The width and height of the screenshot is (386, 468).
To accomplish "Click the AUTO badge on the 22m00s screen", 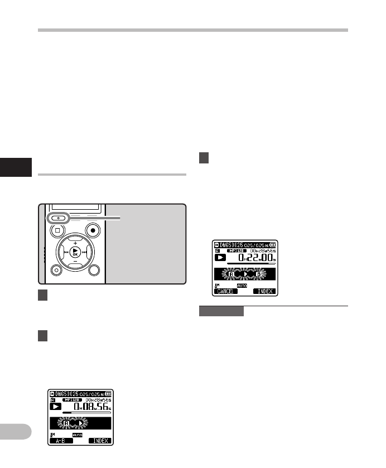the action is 242,284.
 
